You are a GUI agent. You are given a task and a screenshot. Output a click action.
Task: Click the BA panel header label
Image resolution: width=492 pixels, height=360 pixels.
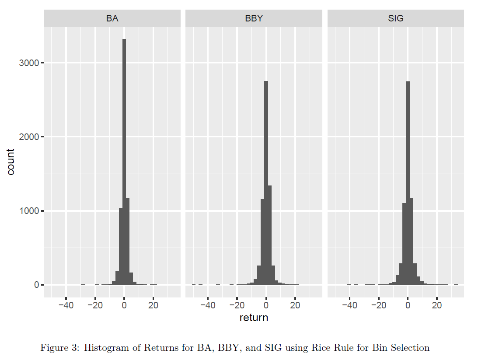tap(112, 19)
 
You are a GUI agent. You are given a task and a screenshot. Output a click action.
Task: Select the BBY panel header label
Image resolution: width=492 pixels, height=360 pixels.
tap(254, 19)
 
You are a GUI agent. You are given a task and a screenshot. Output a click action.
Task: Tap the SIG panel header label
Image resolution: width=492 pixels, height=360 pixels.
tap(395, 19)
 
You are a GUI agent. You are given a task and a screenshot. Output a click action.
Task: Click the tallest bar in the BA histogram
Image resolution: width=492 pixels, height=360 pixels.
tap(124, 162)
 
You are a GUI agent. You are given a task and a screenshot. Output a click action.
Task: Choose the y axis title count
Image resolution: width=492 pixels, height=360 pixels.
tap(11, 162)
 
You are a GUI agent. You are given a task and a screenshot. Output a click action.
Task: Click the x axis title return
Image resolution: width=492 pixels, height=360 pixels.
tap(254, 318)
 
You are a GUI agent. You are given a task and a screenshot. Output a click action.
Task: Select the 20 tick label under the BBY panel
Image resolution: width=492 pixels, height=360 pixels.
tap(295, 305)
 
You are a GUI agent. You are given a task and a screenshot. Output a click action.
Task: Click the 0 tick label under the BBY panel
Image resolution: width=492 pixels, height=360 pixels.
tap(266, 305)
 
